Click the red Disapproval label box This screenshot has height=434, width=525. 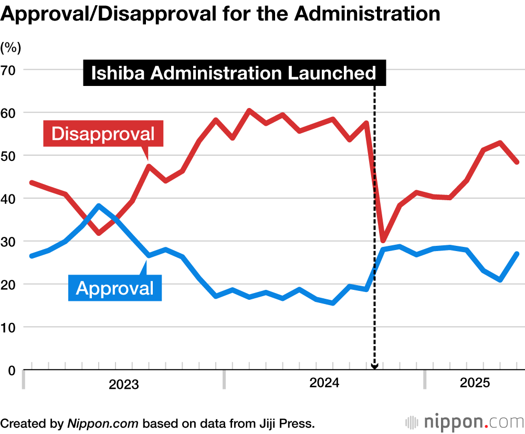point(103,133)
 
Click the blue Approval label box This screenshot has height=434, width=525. point(115,287)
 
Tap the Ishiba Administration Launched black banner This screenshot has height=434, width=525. point(234,73)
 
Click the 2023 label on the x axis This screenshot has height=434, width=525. point(124,385)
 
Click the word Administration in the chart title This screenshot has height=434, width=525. point(367,14)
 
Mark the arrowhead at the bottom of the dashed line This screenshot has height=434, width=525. point(374,366)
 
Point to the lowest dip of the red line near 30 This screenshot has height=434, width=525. point(383,240)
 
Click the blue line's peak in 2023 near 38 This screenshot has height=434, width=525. point(99,206)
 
